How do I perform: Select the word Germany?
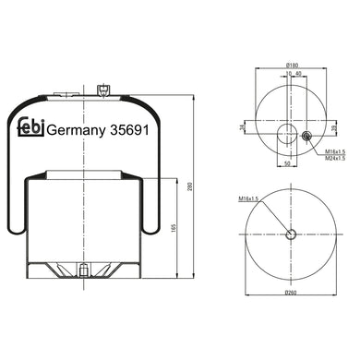tap(76, 131)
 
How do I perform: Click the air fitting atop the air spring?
tap(103, 90)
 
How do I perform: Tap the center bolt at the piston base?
tap(84, 272)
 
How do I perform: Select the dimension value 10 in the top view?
tap(287, 74)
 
